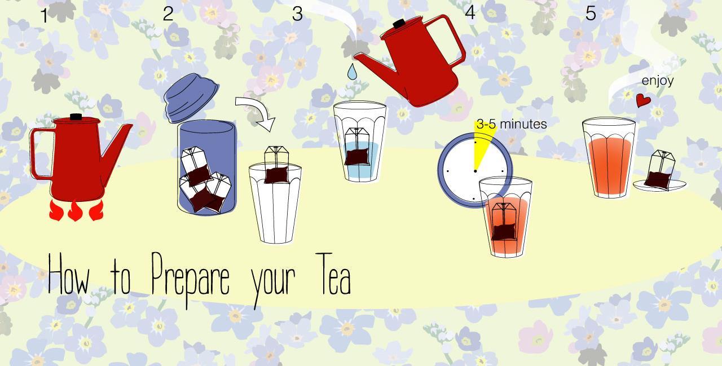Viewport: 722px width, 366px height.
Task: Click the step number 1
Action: click(x=45, y=15)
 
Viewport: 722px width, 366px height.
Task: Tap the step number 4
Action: click(x=470, y=13)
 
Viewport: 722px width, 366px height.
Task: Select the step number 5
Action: click(x=591, y=13)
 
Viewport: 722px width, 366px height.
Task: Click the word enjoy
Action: click(x=658, y=81)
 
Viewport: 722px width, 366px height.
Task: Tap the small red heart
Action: click(x=644, y=100)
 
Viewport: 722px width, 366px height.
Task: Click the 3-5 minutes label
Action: click(x=512, y=124)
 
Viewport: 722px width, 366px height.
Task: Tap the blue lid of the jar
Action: click(x=191, y=98)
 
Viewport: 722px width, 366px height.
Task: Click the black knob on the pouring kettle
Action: click(x=399, y=24)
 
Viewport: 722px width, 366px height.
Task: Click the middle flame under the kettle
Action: click(x=75, y=211)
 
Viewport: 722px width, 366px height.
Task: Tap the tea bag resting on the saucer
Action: click(x=659, y=170)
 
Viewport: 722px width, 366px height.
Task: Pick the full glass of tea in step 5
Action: click(x=609, y=157)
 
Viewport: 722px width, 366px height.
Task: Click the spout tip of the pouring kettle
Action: click(x=355, y=57)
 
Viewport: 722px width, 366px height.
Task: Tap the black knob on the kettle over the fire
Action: click(x=76, y=117)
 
